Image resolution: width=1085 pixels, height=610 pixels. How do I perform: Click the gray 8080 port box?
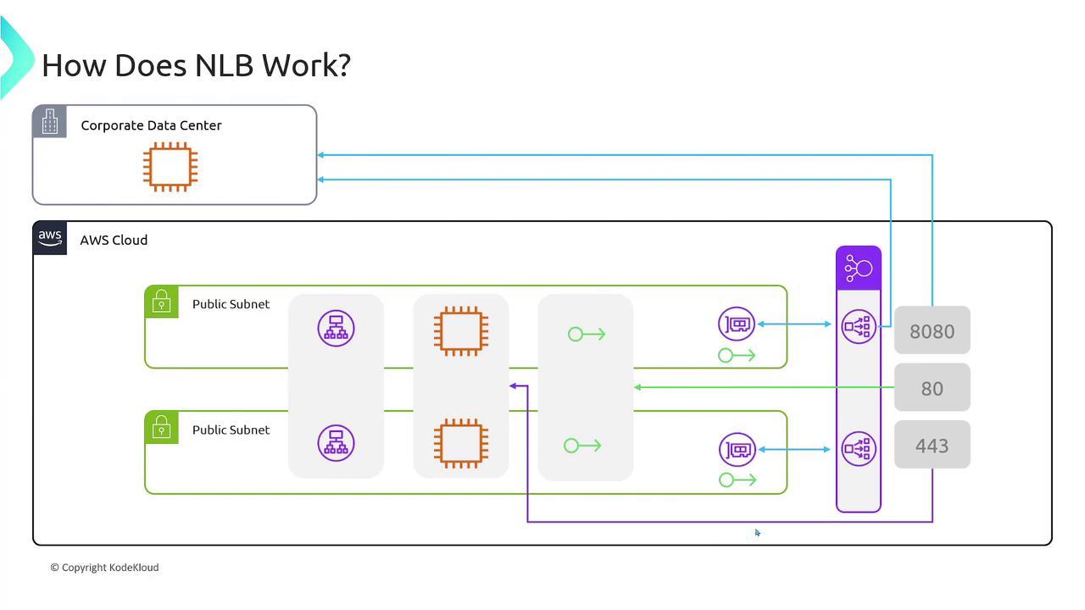coord(932,330)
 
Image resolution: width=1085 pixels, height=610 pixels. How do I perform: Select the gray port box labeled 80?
coord(932,388)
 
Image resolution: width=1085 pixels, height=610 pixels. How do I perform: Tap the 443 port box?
coord(932,445)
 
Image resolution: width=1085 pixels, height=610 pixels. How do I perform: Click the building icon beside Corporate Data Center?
coord(49,122)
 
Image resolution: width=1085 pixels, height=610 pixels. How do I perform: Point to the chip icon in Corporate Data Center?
coord(170,167)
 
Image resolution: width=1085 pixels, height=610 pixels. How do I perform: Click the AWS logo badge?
coord(50,238)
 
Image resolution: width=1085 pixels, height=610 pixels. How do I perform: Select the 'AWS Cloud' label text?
coord(114,240)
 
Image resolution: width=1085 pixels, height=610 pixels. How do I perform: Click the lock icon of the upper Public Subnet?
coord(161,302)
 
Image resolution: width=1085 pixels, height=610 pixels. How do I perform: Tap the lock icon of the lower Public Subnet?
coord(161,428)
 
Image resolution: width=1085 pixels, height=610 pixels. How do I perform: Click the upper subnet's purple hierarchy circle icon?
coord(336,328)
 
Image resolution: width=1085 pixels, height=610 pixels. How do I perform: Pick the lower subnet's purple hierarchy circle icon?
coord(336,442)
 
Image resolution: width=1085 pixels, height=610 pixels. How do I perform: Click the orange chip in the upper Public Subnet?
coord(460,330)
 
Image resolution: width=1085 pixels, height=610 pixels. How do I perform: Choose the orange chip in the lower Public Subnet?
coord(460,443)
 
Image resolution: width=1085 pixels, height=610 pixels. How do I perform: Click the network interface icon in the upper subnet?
coord(737,324)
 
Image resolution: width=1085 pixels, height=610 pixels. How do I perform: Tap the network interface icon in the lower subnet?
coord(737,450)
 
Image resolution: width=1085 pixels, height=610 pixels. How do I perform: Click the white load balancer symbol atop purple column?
coord(858,269)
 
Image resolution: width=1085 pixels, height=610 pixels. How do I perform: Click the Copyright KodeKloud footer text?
coord(104,568)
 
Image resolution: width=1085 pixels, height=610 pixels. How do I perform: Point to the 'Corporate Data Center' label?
coord(151,125)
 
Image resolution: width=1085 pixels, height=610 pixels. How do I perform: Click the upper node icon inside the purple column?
coord(858,326)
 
